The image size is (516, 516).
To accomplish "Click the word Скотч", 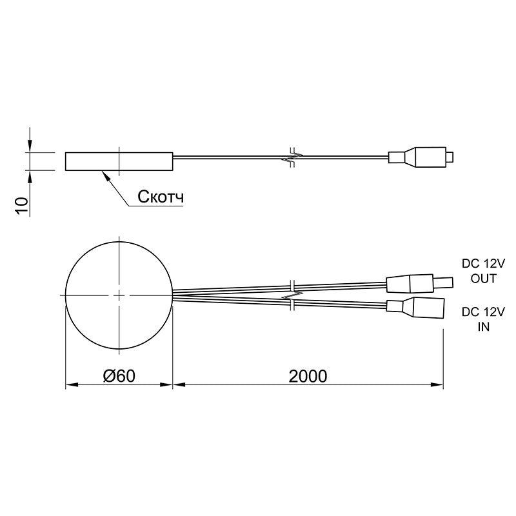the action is point(161,197).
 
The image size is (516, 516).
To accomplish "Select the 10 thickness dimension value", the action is point(22,206).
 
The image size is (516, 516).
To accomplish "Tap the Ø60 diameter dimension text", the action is point(119,376).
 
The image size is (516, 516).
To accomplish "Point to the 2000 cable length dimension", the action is point(308,376).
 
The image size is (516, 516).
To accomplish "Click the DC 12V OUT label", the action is point(483,271).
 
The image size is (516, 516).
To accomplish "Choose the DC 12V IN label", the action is point(483,319).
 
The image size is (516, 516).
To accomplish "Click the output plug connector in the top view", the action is point(420,283).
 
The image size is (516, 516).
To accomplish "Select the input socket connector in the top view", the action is point(415,308).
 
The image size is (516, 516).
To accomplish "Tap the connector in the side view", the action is point(421,157).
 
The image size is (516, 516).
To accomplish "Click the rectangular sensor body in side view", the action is point(119,162).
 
